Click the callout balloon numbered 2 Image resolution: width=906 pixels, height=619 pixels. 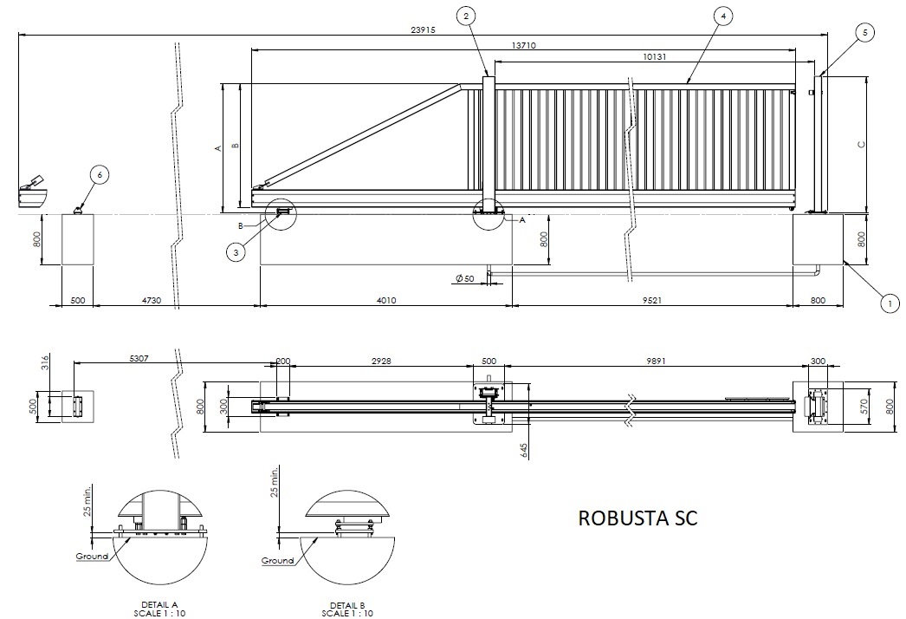pyautogui.click(x=466, y=16)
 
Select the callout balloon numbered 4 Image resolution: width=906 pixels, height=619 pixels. pyautogui.click(x=722, y=16)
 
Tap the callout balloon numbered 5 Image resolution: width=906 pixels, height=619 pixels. pyautogui.click(x=864, y=32)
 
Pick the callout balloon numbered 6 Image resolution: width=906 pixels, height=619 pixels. pyautogui.click(x=100, y=175)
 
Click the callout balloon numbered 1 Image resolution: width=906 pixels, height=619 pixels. pyautogui.click(x=887, y=303)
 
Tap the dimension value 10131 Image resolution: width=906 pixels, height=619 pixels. pyautogui.click(x=658, y=56)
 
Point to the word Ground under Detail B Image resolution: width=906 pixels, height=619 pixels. pyautogui.click(x=278, y=561)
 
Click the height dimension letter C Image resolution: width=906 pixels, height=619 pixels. pyautogui.click(x=861, y=144)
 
